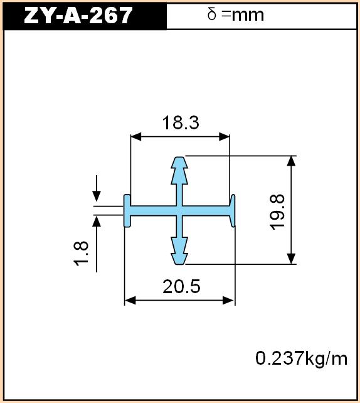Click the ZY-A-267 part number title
[x=78, y=16]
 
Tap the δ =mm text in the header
[x=235, y=14]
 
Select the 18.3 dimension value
[x=181, y=122]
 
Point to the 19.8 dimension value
[x=277, y=212]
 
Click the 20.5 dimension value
[x=181, y=286]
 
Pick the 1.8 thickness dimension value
[x=82, y=253]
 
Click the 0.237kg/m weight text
[x=301, y=358]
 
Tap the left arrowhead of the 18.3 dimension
[x=136, y=137]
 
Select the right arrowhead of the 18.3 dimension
[x=224, y=137]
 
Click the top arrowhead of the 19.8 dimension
[x=291, y=161]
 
